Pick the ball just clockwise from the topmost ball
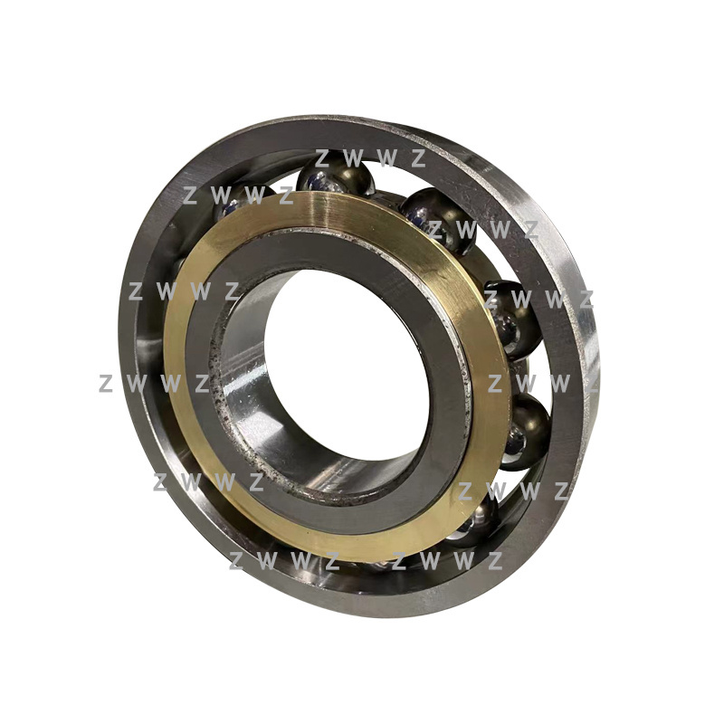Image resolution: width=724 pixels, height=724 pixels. click(439, 220)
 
